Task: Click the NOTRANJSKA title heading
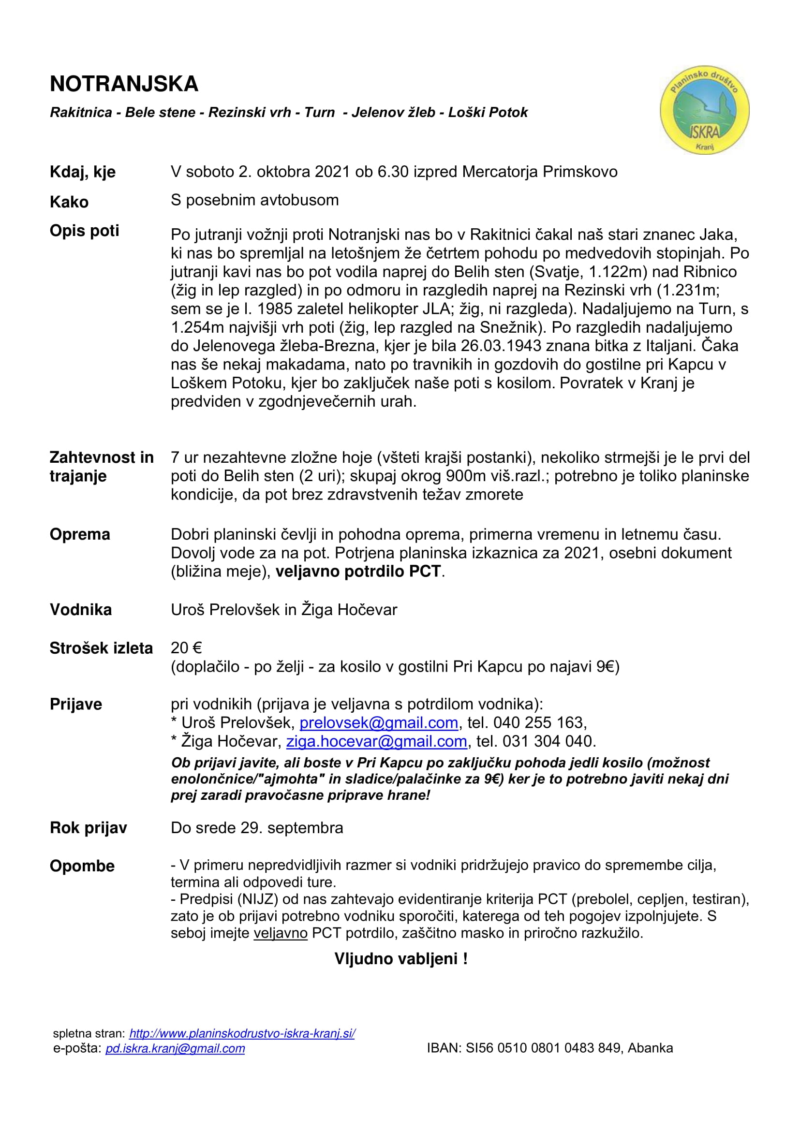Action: [124, 84]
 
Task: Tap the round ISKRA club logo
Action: [704, 110]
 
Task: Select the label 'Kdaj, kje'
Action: [83, 172]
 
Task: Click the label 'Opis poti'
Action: [84, 231]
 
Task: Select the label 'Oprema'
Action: [80, 534]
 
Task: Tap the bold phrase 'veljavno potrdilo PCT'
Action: [358, 572]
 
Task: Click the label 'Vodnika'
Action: [81, 610]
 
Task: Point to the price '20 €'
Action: [186, 648]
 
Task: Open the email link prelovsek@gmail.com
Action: [379, 722]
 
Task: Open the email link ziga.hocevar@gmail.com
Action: [376, 741]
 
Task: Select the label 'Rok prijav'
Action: [88, 828]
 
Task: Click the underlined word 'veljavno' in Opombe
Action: [281, 933]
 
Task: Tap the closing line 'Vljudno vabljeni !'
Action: [400, 958]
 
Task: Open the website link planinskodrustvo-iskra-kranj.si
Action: [242, 1033]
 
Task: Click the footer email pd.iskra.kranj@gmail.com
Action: [175, 1048]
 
